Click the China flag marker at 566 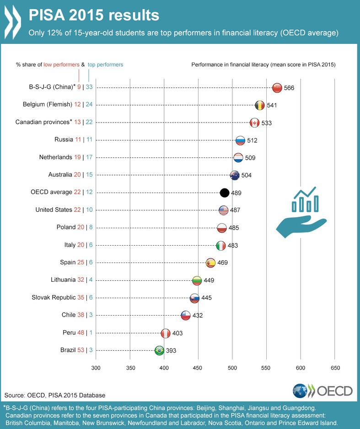pos(277,88)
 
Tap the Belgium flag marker pos(259,105)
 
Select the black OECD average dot pos(224,193)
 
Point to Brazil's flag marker pos(159,350)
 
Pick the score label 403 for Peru pos(177,333)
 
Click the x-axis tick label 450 pos(198,368)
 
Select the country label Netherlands pos(56,157)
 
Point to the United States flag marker pos(223,210)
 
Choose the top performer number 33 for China pos(89,87)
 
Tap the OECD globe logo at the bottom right pos(300,391)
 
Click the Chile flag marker pos(185,315)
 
